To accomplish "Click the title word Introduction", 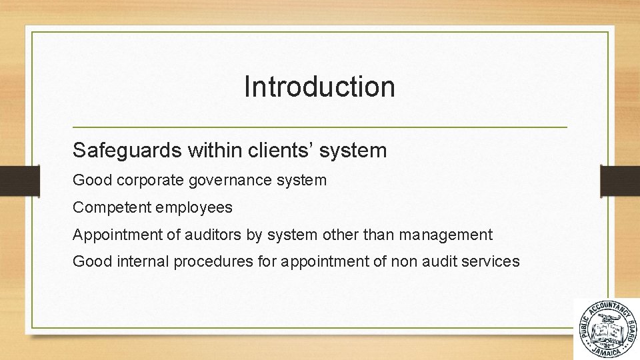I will [x=319, y=87].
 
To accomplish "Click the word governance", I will [x=231, y=180].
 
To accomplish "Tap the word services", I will [x=490, y=261].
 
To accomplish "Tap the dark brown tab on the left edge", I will [x=11, y=180].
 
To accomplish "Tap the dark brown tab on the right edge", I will [x=620, y=180].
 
